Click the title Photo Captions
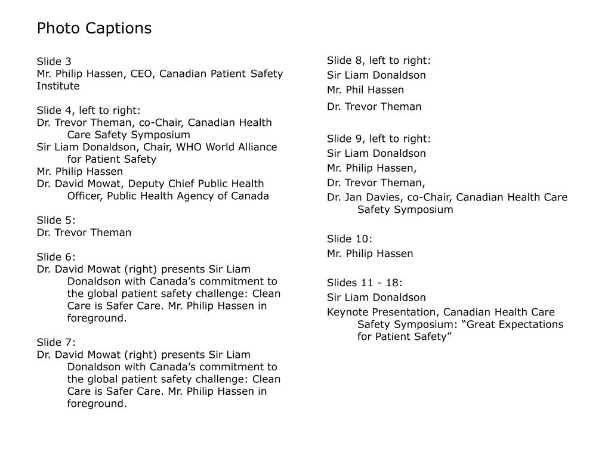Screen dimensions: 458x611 coord(94,28)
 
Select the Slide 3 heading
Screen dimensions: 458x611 coord(54,61)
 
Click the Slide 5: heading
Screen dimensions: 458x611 coord(56,220)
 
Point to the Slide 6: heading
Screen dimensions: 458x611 coord(56,257)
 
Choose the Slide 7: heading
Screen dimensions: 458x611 coord(56,342)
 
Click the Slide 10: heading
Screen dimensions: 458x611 coord(350,239)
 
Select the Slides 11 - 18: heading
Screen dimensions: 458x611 coord(365,283)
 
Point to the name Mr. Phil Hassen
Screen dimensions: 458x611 coord(365,90)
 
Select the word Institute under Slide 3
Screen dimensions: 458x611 coord(58,86)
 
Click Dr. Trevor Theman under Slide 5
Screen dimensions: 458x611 coord(84,233)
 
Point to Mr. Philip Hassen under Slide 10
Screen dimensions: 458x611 coord(370,253)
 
